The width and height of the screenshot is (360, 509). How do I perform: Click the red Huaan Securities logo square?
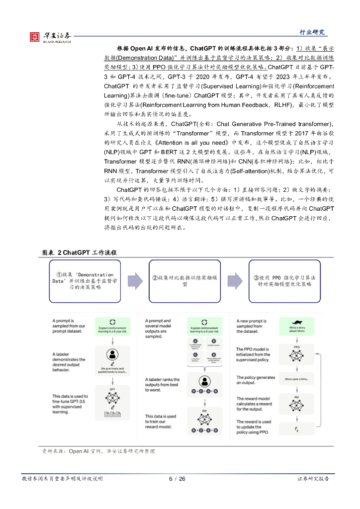point(35,36)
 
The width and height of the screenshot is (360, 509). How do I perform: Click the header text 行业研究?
point(312,32)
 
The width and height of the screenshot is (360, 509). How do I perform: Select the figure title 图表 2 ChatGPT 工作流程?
point(79,253)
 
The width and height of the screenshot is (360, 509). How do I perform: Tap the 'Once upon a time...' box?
point(296,378)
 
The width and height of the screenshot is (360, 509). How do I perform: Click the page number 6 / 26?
point(177,479)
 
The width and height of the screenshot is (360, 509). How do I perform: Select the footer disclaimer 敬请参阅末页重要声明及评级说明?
point(62,479)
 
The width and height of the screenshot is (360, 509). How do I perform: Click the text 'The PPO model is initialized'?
point(254,354)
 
